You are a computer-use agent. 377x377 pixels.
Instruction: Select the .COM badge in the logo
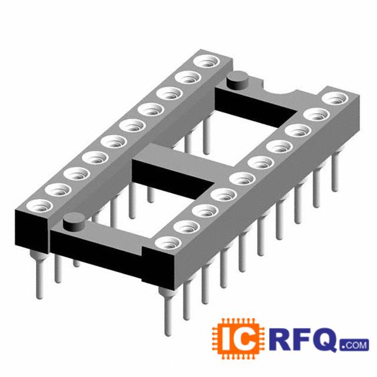[355, 345]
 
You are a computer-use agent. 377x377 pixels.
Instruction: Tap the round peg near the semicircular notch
[237, 80]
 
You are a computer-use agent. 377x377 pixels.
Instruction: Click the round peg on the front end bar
[74, 221]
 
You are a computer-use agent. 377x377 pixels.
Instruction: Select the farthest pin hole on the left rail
[207, 61]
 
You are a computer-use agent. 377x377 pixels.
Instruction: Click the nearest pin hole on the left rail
[39, 206]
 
